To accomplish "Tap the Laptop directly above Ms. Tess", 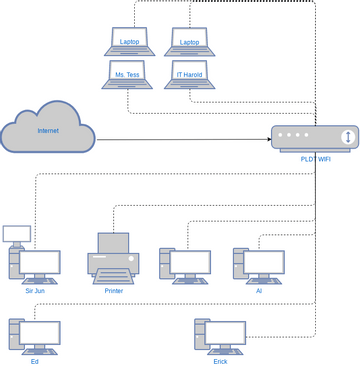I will coord(128,40).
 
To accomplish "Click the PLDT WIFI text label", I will coord(315,158).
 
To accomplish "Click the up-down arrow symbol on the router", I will coord(346,137).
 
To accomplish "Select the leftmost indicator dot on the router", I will coord(283,134).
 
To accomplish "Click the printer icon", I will coord(113,257).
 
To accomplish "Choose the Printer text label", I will coord(113,291).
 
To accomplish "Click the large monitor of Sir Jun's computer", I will coord(40,264).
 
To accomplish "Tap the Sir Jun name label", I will coord(35,291).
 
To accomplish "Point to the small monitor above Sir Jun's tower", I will coord(16,234).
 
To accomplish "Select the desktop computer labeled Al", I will coord(258,264).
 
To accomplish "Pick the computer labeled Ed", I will coord(34,336).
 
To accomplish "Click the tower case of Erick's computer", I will coord(201,337).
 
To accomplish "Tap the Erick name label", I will coord(220,361).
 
